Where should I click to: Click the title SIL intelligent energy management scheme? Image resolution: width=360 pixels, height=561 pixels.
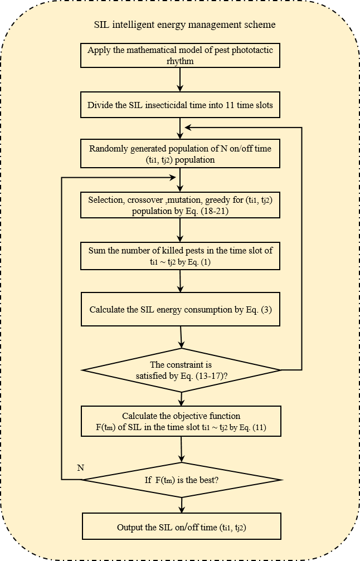185,25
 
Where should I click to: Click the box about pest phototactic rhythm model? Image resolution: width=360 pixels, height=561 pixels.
180,56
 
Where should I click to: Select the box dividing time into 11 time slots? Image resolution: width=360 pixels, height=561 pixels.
180,105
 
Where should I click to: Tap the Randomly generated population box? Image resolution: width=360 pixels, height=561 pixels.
180,154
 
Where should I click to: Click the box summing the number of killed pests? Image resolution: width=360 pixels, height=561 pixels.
180,256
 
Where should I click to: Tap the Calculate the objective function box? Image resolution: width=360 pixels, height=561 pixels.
180,422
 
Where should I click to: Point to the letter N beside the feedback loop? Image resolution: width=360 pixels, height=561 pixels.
80,467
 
